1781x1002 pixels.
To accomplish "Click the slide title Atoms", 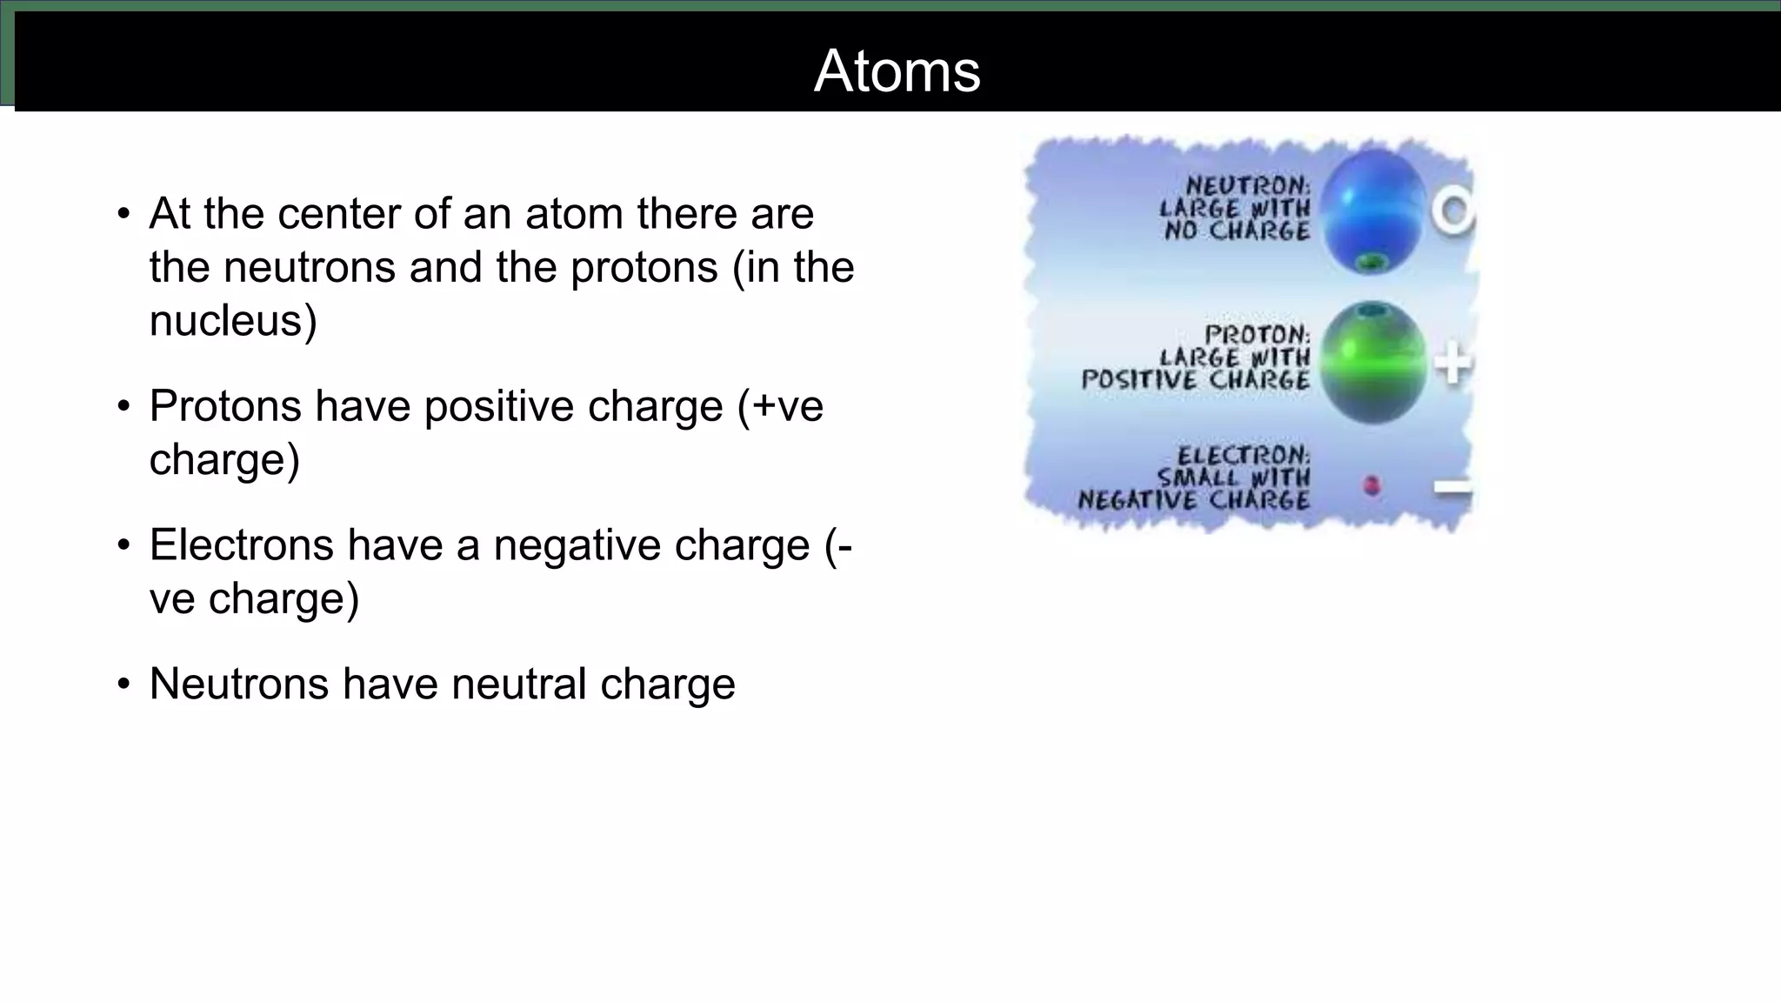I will coord(897,70).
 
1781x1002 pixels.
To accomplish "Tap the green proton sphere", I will coord(1372,361).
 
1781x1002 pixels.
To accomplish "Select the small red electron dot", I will coord(1372,485).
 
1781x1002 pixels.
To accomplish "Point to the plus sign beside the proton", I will coord(1452,364).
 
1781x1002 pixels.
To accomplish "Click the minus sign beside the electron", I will coord(1452,488).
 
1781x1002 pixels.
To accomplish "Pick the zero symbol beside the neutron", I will coord(1453,211).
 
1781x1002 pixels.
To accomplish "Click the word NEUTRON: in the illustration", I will coord(1248,185).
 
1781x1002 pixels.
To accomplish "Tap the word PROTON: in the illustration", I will coord(1257,334).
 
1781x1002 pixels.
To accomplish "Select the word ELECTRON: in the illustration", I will coord(1244,455).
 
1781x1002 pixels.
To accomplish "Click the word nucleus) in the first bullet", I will coord(233,321).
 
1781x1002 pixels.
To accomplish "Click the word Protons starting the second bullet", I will coord(224,406).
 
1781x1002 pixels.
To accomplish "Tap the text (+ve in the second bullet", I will coord(780,406).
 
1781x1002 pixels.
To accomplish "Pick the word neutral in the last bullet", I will coord(518,684).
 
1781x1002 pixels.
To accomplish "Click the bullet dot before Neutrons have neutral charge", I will coord(123,685).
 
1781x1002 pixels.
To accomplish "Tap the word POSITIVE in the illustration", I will coord(1138,380).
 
